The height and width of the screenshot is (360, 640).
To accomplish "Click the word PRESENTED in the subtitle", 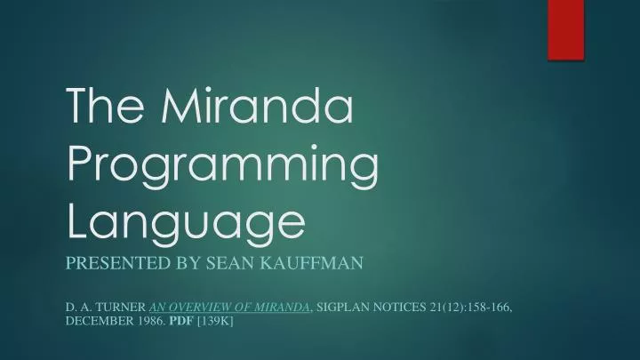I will pos(115,263).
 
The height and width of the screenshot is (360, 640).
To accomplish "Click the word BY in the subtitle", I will pos(185,263).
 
